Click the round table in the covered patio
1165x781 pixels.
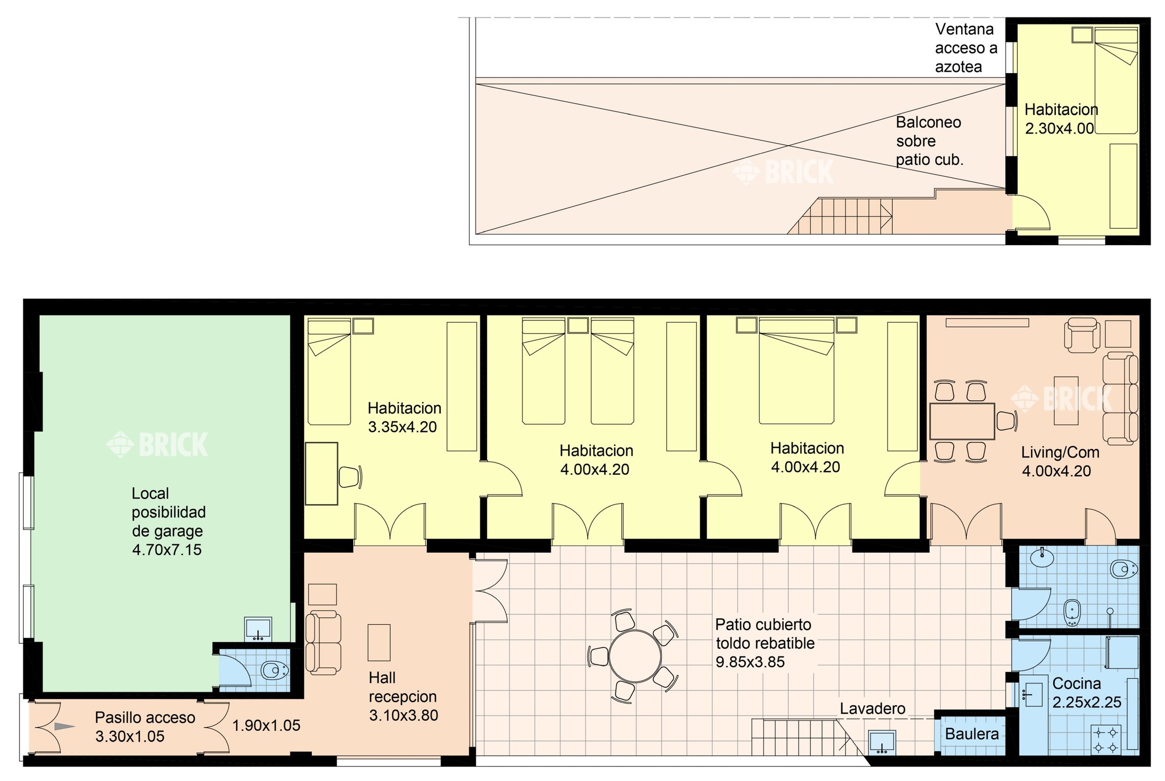(634, 656)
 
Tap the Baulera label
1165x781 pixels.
(972, 733)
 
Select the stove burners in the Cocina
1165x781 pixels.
(1106, 740)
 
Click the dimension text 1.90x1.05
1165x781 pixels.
(266, 725)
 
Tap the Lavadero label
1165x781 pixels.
(872, 708)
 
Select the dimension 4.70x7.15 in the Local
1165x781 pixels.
(167, 550)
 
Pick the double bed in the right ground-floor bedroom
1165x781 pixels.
(796, 371)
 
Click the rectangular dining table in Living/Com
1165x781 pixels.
(962, 421)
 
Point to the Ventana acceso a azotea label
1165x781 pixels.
(966, 48)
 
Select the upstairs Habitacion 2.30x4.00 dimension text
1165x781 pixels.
(1060, 129)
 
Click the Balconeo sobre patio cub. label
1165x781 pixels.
(929, 141)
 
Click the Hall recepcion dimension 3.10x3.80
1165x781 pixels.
(404, 715)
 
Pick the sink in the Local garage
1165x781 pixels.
(258, 629)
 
